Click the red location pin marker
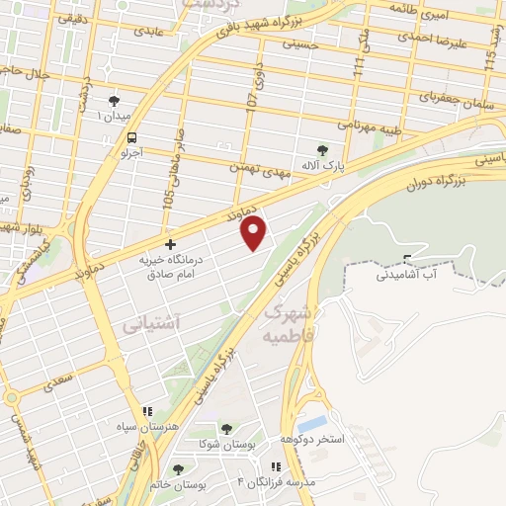click(255, 232)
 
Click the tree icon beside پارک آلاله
click(322, 150)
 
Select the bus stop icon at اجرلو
click(131, 139)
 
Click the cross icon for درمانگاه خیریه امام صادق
click(170, 243)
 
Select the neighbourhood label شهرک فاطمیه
click(289, 323)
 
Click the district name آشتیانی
click(152, 323)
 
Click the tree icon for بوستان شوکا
click(226, 429)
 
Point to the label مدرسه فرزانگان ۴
click(277, 481)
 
